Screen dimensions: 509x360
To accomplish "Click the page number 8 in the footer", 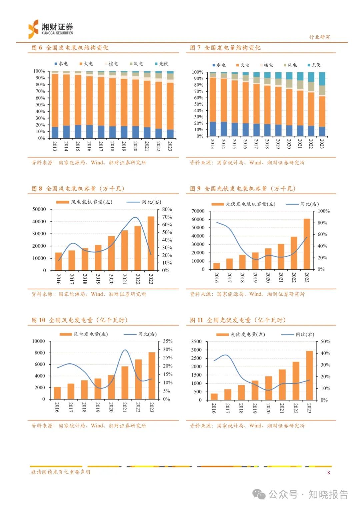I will tap(328, 472).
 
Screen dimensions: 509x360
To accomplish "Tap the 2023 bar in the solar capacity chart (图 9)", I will tap(307, 244).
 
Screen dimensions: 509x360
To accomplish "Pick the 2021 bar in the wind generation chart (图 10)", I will tap(125, 383).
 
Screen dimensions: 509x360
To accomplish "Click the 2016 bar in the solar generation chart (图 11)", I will tap(214, 397).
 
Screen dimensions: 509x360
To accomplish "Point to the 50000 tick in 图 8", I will tap(39, 209).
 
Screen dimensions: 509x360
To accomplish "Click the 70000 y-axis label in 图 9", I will tap(198, 211).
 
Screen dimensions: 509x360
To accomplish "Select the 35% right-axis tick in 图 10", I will tap(168, 341).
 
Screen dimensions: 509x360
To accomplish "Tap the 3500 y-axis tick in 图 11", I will tap(196, 341).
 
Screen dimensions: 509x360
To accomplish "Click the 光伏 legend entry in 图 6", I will tap(162, 64).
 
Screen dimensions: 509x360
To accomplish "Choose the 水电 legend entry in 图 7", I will tap(219, 65).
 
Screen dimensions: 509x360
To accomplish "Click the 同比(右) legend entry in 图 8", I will tap(144, 202).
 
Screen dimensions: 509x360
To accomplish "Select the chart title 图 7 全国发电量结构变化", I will tap(225, 48).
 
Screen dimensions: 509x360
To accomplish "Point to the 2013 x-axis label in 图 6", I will tap(55, 146).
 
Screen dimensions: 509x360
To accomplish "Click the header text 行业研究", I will tap(319, 37).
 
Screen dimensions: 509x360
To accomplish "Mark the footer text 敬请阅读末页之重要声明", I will tap(60, 472).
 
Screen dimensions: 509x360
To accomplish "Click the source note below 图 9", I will tap(247, 294).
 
